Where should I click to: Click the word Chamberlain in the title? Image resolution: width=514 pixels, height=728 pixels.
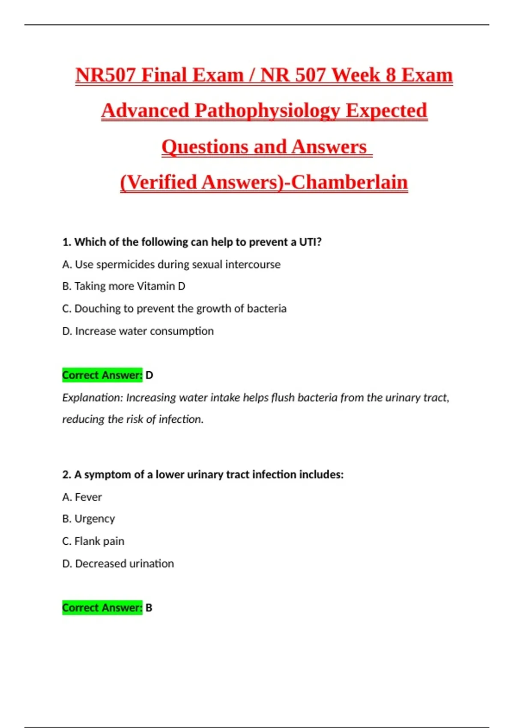click(349, 182)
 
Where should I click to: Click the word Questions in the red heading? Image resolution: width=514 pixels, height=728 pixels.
click(204, 147)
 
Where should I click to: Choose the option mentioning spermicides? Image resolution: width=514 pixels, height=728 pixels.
click(171, 265)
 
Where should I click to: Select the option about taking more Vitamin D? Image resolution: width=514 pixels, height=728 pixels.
click(124, 286)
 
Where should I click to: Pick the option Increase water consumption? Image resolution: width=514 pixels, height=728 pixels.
click(138, 331)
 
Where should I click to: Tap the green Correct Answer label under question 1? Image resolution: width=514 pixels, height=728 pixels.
click(102, 375)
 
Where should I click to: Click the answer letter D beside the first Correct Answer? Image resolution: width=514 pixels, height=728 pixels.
click(149, 375)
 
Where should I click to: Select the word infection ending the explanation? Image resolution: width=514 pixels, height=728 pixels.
click(180, 419)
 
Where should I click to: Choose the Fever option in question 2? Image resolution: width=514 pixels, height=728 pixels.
click(82, 497)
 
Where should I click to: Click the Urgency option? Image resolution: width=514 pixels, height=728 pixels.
click(89, 519)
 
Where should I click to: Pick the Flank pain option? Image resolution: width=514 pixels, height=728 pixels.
click(93, 541)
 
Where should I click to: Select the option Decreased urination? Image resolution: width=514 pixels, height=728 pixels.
click(118, 564)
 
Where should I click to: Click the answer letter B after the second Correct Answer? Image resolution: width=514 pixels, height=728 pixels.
click(149, 608)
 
